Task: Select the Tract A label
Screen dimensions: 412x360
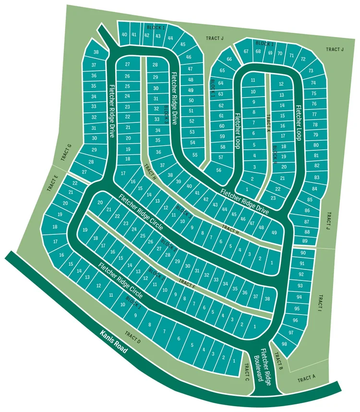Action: pyautogui.click(x=306, y=379)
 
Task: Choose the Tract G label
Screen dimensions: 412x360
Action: pyautogui.click(x=66, y=152)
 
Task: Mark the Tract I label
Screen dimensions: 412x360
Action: pyautogui.click(x=319, y=303)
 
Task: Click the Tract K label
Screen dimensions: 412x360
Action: pyautogui.click(x=269, y=124)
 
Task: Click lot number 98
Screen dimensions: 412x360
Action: pyautogui.click(x=284, y=344)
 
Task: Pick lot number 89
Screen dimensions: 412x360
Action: pyautogui.click(x=305, y=241)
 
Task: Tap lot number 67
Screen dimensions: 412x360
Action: pyautogui.click(x=246, y=51)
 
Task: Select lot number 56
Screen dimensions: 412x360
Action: pyautogui.click(x=219, y=170)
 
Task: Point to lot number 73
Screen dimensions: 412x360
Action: pyautogui.click(x=311, y=71)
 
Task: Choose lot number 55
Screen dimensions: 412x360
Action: pyautogui.click(x=194, y=155)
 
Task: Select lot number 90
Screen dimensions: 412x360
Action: pyautogui.click(x=302, y=253)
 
